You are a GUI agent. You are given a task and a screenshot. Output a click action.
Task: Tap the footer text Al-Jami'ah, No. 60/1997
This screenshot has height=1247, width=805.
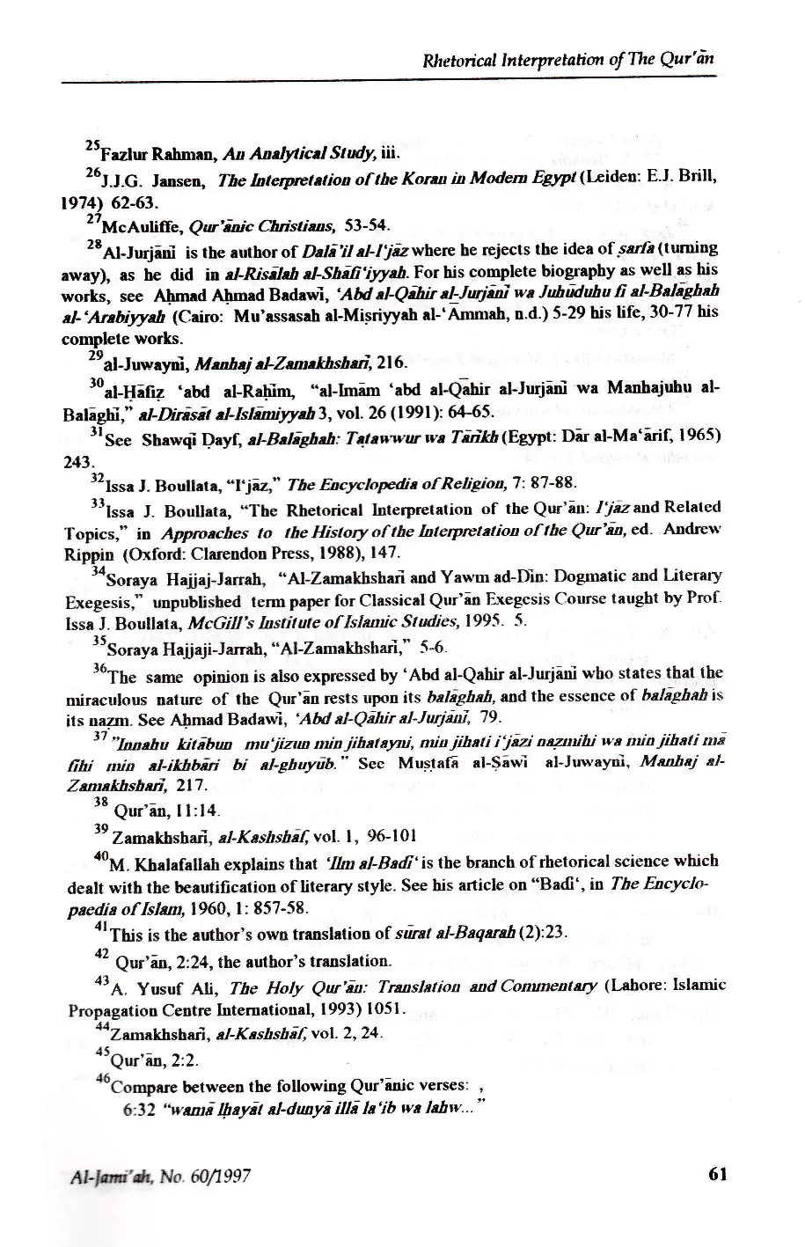(x=156, y=1175)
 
